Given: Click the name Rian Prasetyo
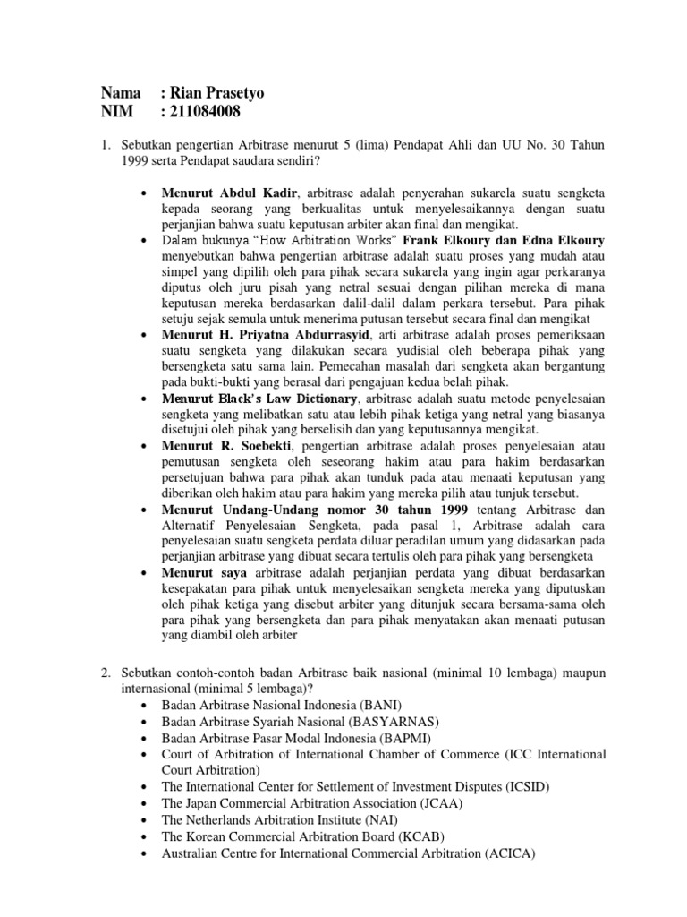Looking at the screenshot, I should tap(216, 93).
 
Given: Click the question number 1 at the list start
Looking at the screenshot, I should tap(104, 145).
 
